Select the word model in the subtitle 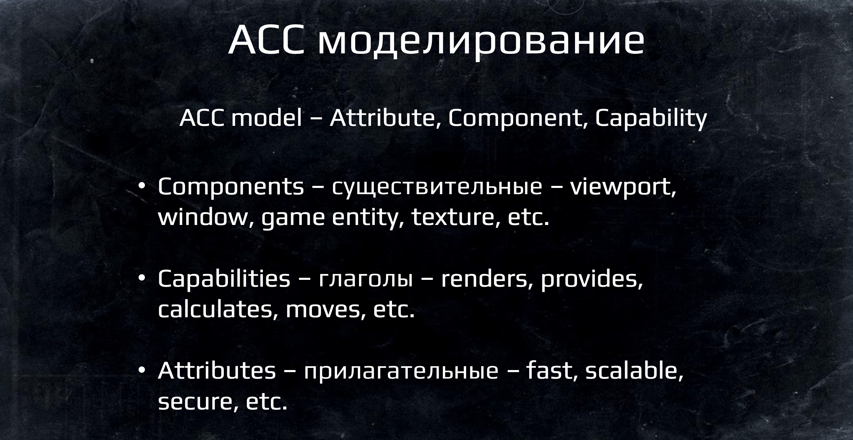tap(266, 118)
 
